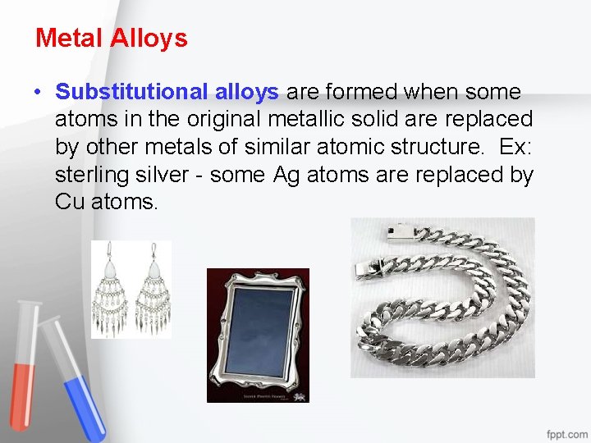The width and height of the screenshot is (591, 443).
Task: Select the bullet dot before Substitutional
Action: pos(39,92)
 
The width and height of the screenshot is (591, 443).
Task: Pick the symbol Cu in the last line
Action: pos(68,202)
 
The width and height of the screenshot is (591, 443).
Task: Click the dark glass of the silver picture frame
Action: pos(257,331)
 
